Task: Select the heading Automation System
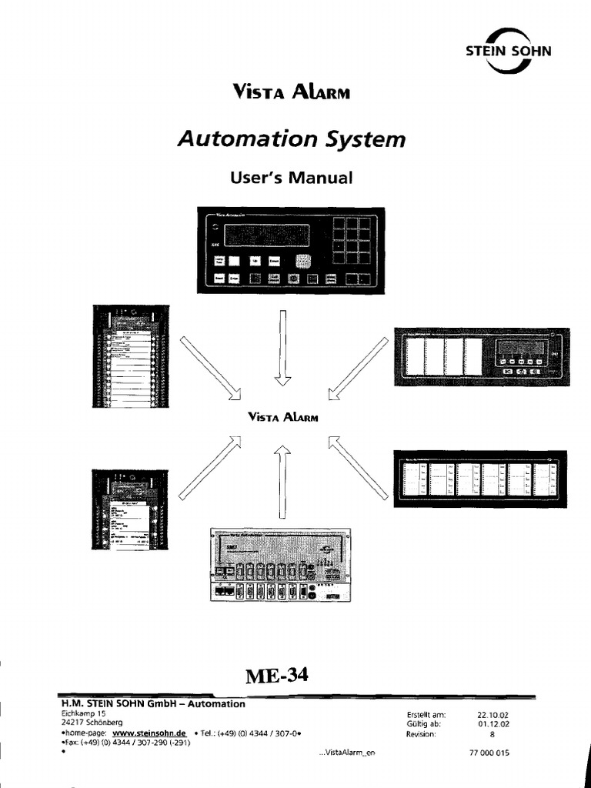pos(291,139)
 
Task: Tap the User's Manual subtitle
pos(291,177)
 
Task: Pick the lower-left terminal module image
pos(129,508)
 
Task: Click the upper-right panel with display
pos(481,354)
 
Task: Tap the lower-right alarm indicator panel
pos(480,479)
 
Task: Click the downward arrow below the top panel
pos(283,346)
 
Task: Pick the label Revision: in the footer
pos(422,734)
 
